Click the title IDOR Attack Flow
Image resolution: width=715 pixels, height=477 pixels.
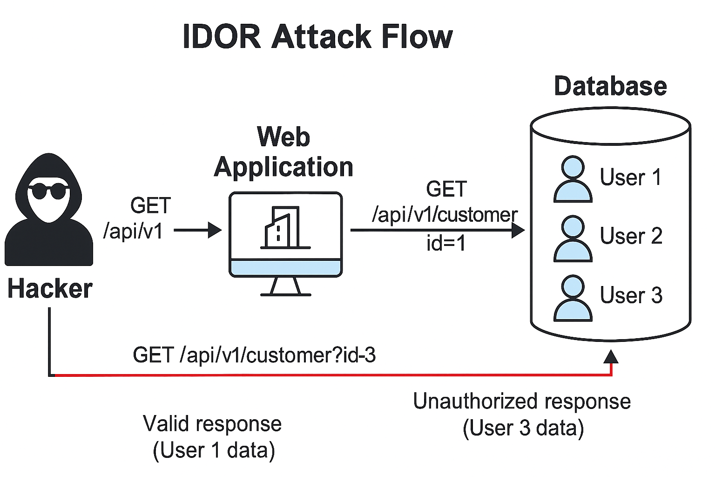(317, 36)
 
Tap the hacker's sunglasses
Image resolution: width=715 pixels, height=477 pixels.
(48, 191)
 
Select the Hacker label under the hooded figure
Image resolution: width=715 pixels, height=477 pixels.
(50, 288)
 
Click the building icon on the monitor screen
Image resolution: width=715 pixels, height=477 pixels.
(282, 227)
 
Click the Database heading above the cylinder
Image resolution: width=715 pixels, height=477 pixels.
(610, 87)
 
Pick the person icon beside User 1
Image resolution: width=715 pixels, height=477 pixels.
(573, 179)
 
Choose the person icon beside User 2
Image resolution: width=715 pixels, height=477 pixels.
(573, 238)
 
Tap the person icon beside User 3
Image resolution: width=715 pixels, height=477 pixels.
(573, 298)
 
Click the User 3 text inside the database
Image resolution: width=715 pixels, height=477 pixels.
(631, 295)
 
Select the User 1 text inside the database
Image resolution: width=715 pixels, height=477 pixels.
(630, 177)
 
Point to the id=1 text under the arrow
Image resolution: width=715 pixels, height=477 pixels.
(446, 244)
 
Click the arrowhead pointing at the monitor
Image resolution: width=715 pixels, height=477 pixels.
(215, 230)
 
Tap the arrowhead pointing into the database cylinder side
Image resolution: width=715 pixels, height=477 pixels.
(518, 230)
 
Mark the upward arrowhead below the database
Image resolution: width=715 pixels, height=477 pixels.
(611, 357)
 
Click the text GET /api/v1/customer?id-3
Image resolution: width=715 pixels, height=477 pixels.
(254, 355)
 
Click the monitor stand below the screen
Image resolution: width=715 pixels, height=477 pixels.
(285, 287)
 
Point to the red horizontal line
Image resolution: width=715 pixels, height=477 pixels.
(326, 375)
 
